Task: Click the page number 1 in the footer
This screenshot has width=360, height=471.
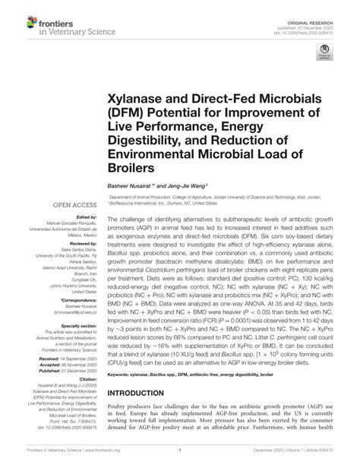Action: pyautogui.click(x=179, y=460)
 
